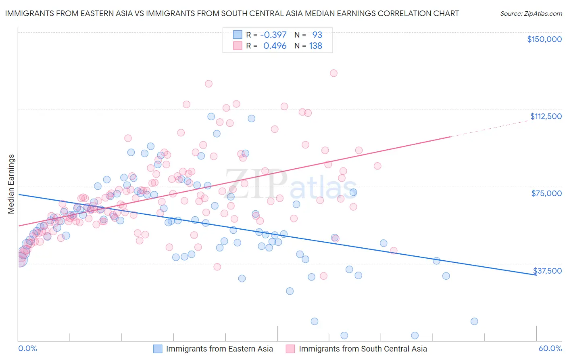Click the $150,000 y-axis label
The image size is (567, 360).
click(544, 39)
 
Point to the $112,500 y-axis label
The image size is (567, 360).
click(546, 116)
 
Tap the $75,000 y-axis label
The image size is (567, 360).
click(546, 193)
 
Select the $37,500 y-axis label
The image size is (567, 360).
click(547, 271)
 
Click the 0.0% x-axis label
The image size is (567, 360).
click(27, 349)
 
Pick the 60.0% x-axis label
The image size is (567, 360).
click(550, 349)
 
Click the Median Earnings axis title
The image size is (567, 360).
click(11, 184)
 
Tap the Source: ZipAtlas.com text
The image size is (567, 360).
click(531, 13)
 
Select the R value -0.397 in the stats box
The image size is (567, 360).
click(273, 35)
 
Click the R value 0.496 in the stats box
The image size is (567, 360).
click(275, 46)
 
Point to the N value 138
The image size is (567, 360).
click(315, 46)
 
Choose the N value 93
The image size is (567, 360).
click(317, 35)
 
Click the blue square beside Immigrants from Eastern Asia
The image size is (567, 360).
click(158, 349)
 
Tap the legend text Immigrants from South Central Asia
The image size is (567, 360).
click(363, 349)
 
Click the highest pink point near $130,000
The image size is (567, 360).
click(334, 73)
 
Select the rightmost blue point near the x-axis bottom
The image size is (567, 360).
click(474, 321)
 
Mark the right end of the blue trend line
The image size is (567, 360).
click(536, 274)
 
